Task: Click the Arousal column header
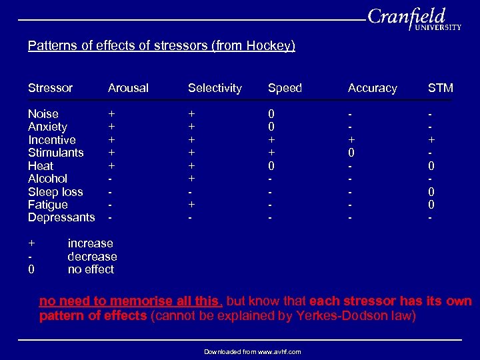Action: [128, 88]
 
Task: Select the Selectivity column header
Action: [215, 88]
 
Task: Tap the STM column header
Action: [440, 88]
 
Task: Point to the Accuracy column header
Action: [372, 88]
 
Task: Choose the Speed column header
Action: [285, 88]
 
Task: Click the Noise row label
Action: [43, 114]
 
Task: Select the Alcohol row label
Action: [47, 179]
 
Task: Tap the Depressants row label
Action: [61, 217]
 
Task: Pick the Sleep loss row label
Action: [55, 192]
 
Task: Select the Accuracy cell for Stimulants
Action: [351, 153]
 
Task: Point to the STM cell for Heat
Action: [431, 166]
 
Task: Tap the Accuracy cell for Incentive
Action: [351, 140]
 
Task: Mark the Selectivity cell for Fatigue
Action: [191, 205]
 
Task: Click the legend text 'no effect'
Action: [91, 269]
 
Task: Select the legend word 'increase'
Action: [90, 243]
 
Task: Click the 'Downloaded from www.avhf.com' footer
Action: [252, 351]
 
